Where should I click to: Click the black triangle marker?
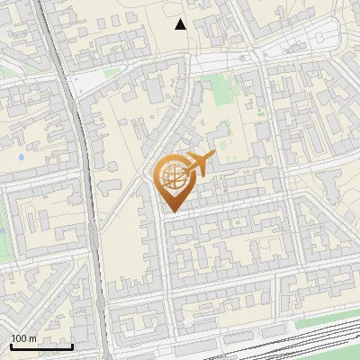181,24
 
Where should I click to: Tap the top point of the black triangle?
181,19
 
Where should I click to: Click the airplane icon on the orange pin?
200,163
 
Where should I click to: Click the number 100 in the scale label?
19,338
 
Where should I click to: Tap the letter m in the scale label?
33,338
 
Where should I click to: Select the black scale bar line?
41,346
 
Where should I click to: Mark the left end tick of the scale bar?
11,344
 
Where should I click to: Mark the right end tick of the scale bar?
72,344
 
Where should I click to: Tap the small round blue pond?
19,158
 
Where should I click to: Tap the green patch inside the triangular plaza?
110,72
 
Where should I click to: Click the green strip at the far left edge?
3,238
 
